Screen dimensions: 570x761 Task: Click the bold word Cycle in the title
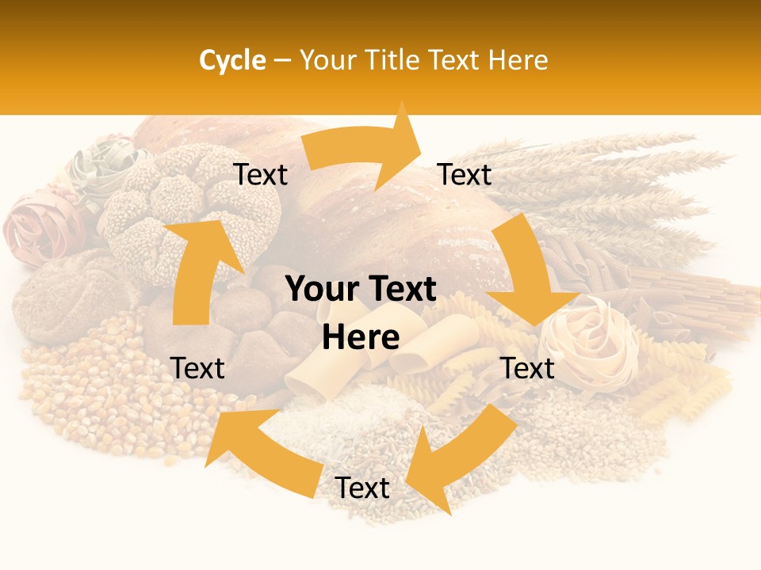click(232, 60)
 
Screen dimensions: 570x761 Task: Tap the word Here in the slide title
click(518, 60)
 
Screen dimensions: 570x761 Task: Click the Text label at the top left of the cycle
click(261, 175)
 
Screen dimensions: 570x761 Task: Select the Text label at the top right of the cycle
click(465, 174)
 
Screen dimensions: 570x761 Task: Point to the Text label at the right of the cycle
click(527, 368)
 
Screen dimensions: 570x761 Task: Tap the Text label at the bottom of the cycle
click(362, 488)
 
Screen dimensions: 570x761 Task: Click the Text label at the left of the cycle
click(197, 368)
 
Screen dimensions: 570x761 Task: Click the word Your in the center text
click(320, 290)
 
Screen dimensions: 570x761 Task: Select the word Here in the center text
click(361, 337)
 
